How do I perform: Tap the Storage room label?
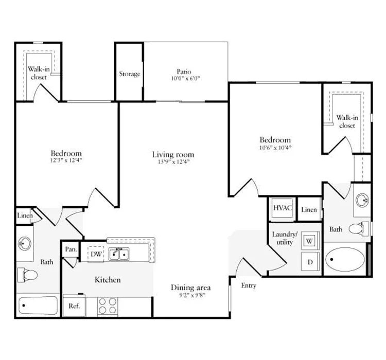coord(129,74)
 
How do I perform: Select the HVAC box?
coord(283,209)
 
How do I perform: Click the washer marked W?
coord(310,240)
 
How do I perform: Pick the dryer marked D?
coord(310,261)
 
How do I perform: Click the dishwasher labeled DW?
coord(96,254)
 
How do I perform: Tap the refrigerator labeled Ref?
coord(74,305)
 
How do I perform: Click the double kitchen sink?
coord(121,254)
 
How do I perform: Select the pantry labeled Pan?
coord(71,249)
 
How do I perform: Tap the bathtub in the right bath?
coord(345,259)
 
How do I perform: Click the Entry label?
coord(248,285)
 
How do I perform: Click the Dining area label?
coord(190,287)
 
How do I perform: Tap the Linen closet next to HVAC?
coord(309,209)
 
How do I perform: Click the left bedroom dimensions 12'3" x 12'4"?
coord(66,160)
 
